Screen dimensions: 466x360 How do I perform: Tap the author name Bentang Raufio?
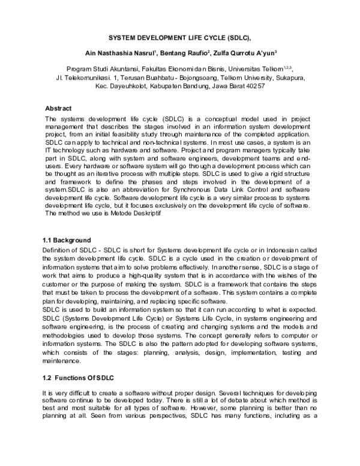pyautogui.click(x=191, y=53)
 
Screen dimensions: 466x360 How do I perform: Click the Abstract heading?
pyautogui.click(x=58, y=109)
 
